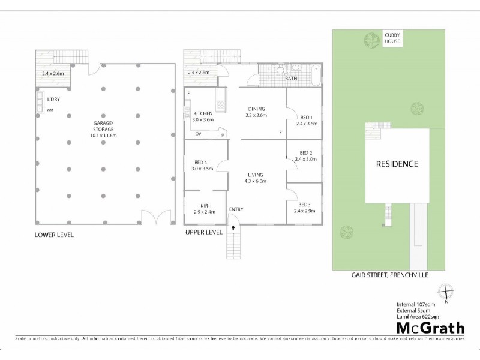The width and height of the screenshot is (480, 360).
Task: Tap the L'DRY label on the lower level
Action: (54, 99)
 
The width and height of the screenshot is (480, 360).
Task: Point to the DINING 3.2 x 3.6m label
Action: (257, 112)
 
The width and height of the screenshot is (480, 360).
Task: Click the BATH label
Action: (291, 79)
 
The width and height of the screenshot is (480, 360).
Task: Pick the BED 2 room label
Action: (306, 156)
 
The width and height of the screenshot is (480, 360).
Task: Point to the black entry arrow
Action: (234, 229)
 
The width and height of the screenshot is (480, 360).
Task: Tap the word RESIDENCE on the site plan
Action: (397, 164)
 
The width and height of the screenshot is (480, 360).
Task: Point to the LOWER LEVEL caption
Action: (55, 235)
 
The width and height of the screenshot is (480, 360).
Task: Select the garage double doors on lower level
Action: (151, 217)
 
